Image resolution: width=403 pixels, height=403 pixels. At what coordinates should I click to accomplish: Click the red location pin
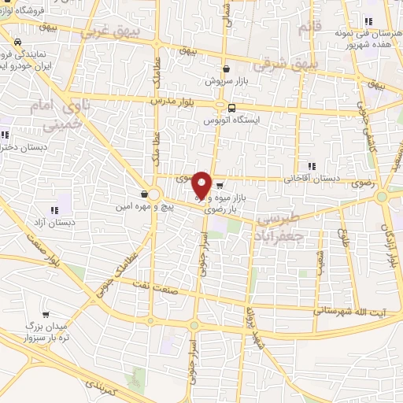click(x=201, y=185)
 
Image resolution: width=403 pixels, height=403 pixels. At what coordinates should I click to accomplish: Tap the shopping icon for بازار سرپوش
click(x=226, y=68)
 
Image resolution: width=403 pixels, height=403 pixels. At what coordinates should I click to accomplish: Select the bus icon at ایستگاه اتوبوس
click(x=231, y=109)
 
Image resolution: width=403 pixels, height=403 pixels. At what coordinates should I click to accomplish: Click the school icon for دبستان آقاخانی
click(x=312, y=166)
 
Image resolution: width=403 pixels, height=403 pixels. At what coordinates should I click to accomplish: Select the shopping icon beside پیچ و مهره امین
click(x=143, y=194)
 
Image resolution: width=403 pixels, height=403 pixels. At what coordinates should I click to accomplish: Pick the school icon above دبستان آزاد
click(x=54, y=210)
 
